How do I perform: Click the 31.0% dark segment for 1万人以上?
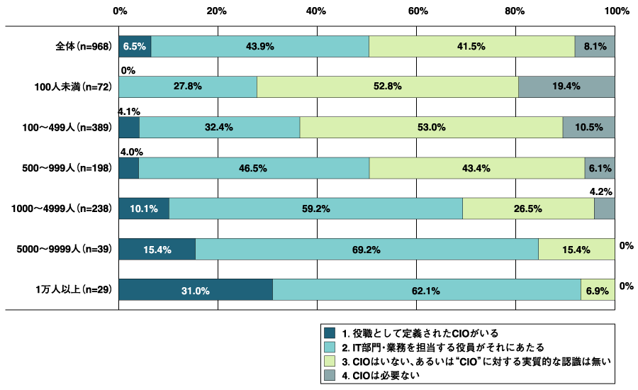point(196,290)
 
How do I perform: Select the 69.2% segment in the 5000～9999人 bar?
point(366,250)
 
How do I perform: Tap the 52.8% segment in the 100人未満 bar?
point(387,87)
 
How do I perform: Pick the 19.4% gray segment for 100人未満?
point(566,87)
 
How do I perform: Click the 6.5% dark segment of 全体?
point(135,46)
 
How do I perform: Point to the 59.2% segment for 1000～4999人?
point(315,209)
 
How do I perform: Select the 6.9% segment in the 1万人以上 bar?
point(598,290)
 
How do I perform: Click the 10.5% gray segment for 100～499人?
point(588,128)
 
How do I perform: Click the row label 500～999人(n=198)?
point(67,168)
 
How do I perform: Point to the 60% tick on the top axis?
point(417,11)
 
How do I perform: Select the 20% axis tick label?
point(217,11)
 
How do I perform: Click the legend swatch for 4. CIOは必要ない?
point(328,376)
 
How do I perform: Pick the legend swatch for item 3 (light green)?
point(328,362)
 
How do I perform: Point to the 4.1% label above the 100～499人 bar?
point(129,111)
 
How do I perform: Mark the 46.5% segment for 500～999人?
point(254,168)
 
